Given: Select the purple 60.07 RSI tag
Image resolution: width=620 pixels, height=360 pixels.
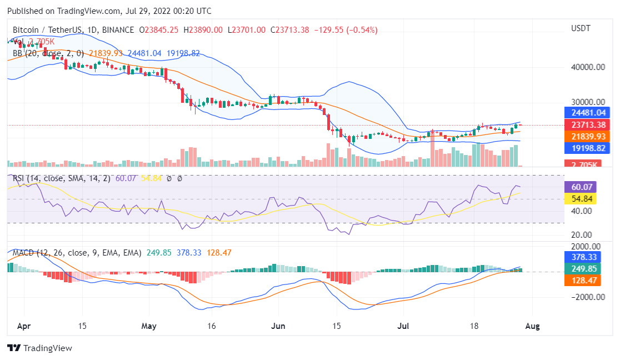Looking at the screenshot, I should (580, 187).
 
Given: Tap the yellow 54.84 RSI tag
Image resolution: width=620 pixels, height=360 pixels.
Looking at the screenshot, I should (580, 199).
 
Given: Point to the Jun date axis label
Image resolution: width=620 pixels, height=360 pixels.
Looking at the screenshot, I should (278, 326).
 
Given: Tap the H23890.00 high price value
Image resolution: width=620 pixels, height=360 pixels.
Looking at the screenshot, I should (203, 30).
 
